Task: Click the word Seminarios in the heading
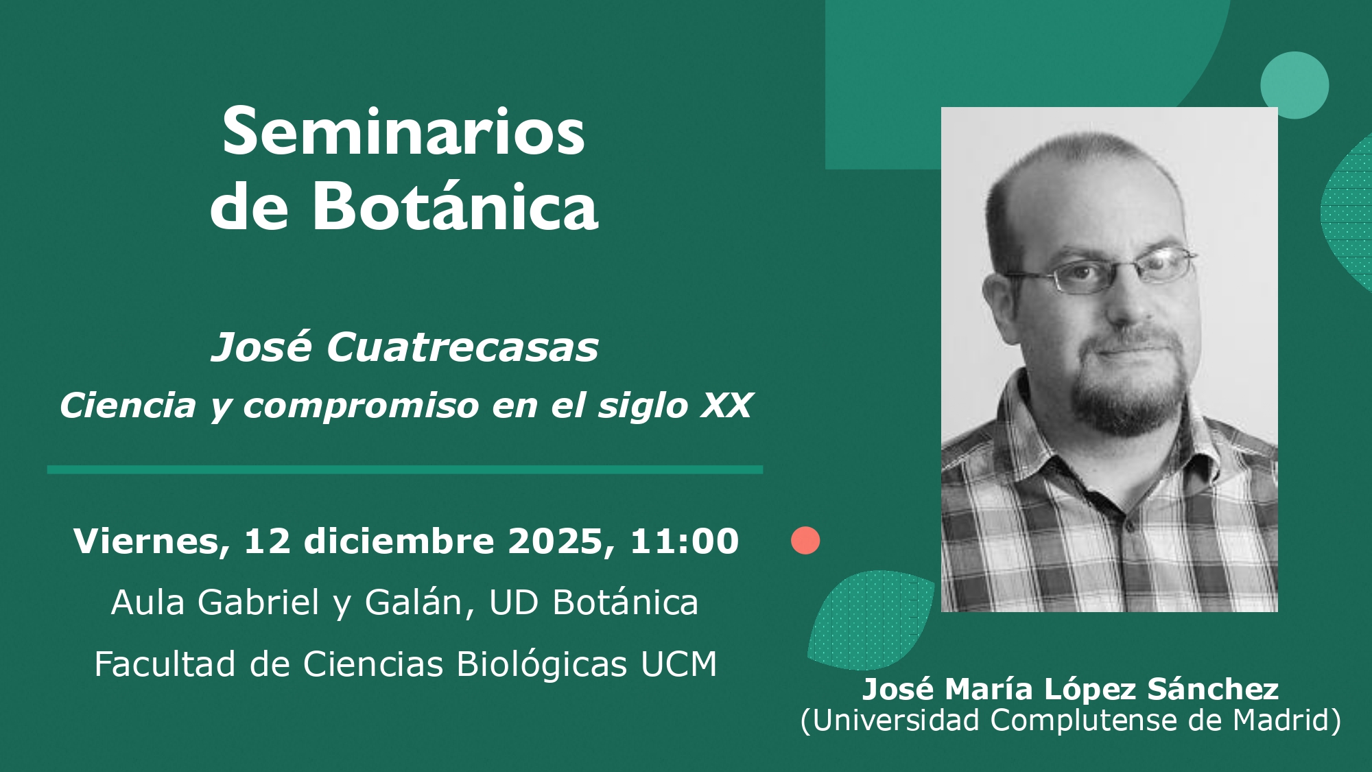(x=403, y=132)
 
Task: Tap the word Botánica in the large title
(x=456, y=207)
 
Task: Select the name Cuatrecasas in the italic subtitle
(x=462, y=347)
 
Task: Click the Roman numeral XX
(x=727, y=405)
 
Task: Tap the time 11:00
(x=684, y=541)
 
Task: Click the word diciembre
(x=399, y=541)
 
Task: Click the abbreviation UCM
(x=678, y=664)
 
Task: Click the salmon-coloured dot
(x=805, y=541)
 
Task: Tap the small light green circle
(x=1294, y=85)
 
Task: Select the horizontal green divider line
(x=405, y=470)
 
